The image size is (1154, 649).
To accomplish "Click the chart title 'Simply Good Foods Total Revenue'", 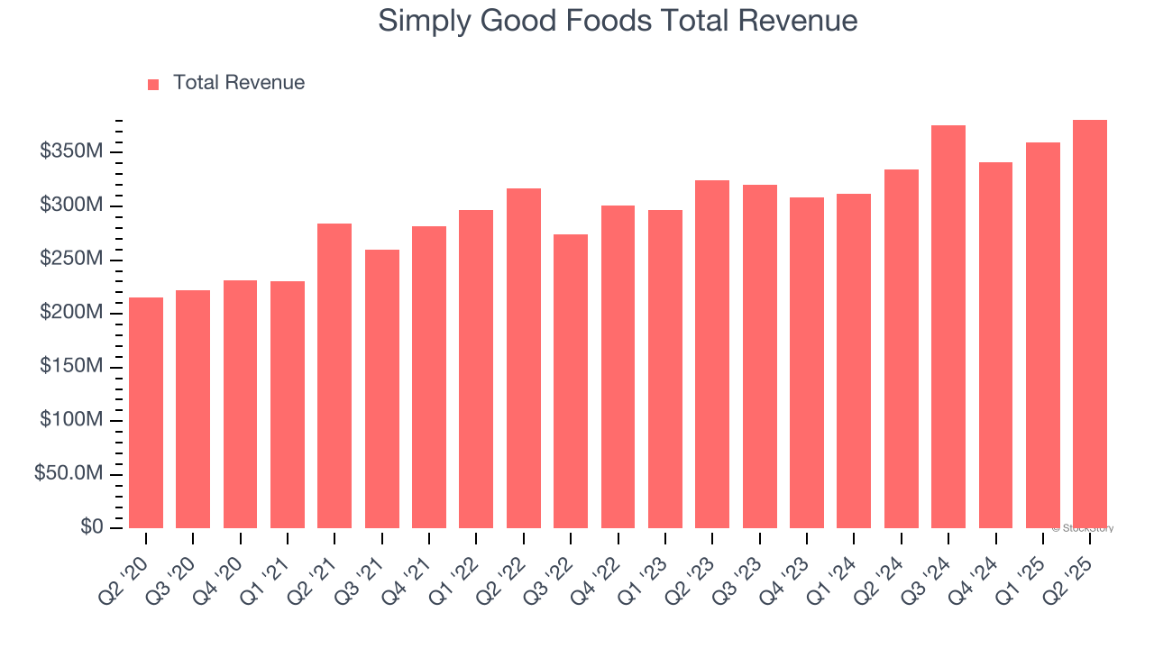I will point(618,21).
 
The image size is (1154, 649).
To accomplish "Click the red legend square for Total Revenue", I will point(153,84).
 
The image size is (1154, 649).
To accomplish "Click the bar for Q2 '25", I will point(1090,324).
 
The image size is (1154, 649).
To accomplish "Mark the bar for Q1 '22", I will point(476,369).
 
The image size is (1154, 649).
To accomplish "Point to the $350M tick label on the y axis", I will point(70,151).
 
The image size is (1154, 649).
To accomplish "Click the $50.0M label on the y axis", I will point(68,474).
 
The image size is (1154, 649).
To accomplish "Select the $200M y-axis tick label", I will point(70,313).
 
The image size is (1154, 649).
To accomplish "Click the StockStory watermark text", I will point(1083,528).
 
